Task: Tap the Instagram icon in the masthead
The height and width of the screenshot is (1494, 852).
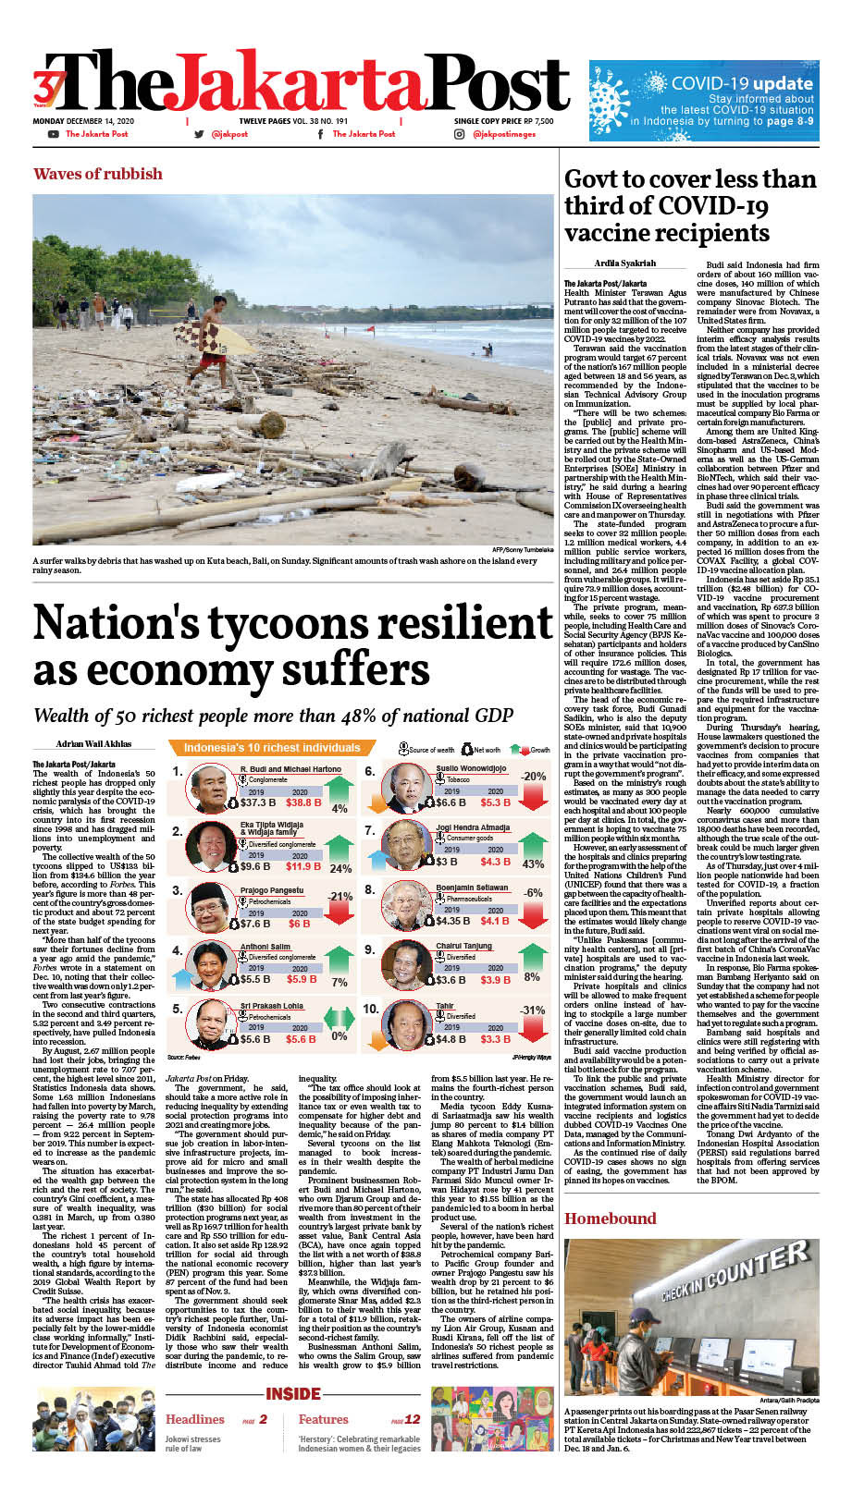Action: pos(459,134)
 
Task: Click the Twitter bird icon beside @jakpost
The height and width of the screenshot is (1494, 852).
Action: pos(199,134)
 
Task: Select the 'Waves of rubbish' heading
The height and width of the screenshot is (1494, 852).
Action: pos(97,174)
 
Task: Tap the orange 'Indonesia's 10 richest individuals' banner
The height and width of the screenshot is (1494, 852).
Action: pos(271,747)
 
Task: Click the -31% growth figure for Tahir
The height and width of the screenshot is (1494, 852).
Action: pos(533,1010)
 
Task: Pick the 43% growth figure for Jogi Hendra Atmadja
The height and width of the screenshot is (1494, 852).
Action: pos(533,863)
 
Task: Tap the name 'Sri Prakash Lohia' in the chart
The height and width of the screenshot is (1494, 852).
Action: pos(271,1005)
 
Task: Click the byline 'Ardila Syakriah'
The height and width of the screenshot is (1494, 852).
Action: pos(625,263)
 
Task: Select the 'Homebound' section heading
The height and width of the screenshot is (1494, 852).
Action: pos(610,1218)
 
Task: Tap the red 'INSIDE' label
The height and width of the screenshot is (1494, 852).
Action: pos(293,1393)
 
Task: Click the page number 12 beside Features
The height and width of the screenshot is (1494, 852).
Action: pos(413,1419)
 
